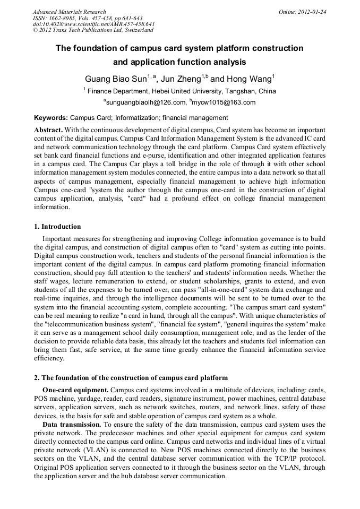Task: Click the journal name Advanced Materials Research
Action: pos(69,12)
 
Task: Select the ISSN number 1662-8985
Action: pos(63,18)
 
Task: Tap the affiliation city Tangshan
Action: pos(243,91)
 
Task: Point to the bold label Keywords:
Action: pos(50,118)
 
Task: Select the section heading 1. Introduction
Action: pos(58,227)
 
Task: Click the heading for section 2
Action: pos(131,378)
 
